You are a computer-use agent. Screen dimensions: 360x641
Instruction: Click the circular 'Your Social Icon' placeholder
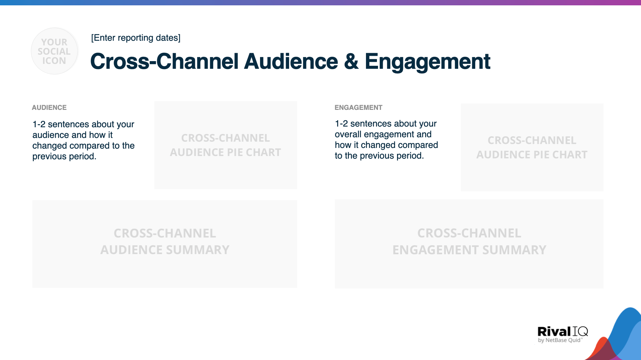click(54, 51)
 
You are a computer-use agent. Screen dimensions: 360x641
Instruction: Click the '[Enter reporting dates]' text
click(135, 38)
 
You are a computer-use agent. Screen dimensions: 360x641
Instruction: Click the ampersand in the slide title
click(351, 61)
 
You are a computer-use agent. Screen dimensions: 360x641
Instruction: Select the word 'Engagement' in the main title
click(427, 62)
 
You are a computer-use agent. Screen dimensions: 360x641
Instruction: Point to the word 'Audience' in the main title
click(291, 61)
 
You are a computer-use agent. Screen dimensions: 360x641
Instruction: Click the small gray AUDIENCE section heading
click(49, 108)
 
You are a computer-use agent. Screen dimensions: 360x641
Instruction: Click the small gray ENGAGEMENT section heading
click(358, 108)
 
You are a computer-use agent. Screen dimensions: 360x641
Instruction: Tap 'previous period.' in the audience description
click(64, 156)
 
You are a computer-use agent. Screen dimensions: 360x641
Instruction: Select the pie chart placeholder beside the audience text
click(226, 145)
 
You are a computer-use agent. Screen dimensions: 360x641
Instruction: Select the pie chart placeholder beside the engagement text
click(532, 147)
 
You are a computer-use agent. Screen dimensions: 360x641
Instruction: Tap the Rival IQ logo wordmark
click(562, 331)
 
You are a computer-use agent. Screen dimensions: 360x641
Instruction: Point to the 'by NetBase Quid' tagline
click(560, 340)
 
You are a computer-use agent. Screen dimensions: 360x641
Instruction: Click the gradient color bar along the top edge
click(320, 2)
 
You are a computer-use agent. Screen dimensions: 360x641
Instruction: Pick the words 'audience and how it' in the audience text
click(72, 135)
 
